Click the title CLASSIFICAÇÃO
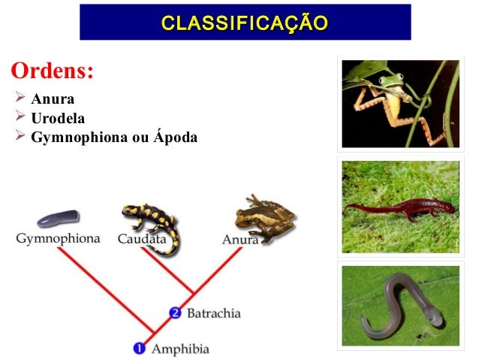tap(245, 22)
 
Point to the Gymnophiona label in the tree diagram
tap(58, 239)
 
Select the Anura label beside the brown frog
tap(240, 240)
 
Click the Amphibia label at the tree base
tap(180, 349)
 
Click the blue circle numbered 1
tap(139, 349)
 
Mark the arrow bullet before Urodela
tap(20, 119)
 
